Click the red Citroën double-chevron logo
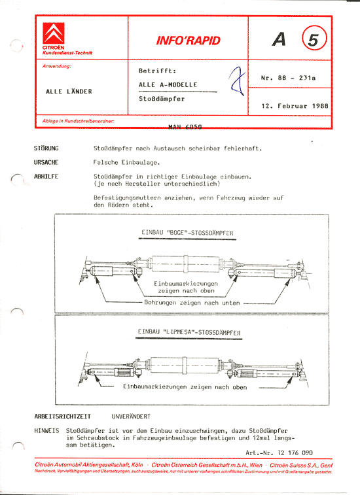click(54, 34)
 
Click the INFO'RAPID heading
click(188, 41)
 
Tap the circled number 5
click(314, 40)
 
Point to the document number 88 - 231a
click(288, 78)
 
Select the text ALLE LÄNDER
click(69, 91)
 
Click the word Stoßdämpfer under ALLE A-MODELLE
click(162, 99)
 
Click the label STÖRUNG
click(46, 148)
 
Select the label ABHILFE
click(46, 177)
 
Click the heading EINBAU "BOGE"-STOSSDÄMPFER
click(188, 233)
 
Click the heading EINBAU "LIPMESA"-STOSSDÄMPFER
click(189, 333)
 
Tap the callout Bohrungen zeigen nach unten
click(191, 303)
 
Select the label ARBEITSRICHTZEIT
click(62, 416)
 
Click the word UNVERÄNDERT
click(131, 416)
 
